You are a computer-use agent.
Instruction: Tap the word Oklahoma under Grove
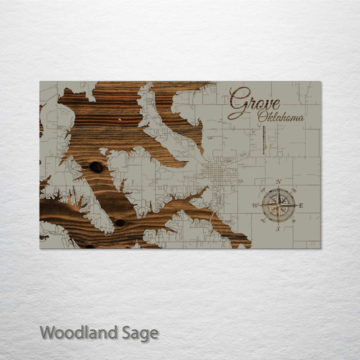281,118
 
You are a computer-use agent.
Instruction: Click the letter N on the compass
278,181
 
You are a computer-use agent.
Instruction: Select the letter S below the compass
278,229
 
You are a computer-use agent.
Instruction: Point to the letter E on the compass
300,205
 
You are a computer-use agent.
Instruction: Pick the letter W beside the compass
255,205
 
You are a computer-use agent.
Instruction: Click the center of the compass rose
278,205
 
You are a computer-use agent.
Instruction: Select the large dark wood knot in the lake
96,167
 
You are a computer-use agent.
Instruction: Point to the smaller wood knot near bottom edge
120,222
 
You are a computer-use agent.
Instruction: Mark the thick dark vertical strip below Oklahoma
263,139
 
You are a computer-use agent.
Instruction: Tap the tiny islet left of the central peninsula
103,151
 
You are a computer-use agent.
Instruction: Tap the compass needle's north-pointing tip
278,188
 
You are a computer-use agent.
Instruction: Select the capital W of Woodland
48,332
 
